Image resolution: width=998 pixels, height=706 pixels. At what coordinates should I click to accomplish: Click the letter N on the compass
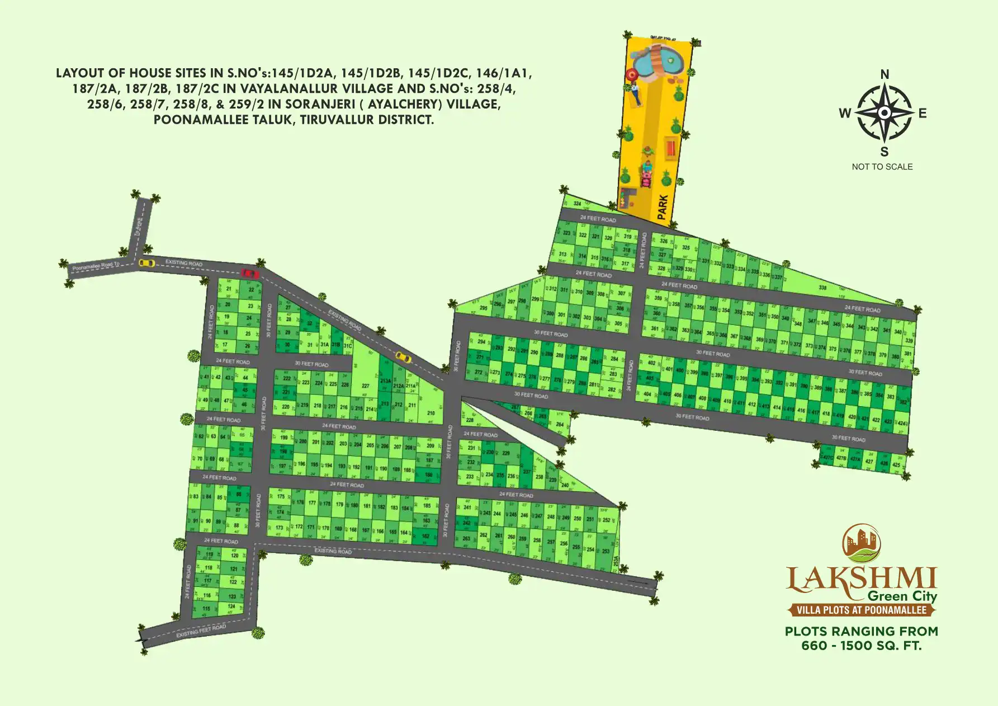(885, 74)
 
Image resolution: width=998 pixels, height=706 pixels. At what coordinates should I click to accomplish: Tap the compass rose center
(885, 113)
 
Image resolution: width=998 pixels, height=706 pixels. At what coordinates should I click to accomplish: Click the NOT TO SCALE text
(882, 167)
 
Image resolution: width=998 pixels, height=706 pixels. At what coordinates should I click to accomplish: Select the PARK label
(663, 206)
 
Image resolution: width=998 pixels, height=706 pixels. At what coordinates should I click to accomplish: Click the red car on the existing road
(249, 274)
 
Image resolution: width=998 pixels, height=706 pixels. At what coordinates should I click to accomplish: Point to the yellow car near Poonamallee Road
(147, 263)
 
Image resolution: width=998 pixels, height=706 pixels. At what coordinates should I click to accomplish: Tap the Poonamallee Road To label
(96, 266)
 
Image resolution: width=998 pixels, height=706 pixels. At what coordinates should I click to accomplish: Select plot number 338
(822, 288)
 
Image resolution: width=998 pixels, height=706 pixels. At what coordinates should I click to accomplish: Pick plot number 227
(365, 386)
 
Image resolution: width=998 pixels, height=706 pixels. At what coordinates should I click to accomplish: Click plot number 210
(431, 413)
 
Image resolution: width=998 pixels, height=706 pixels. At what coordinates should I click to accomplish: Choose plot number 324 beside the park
(577, 204)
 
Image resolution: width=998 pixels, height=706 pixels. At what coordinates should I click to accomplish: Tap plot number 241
(467, 508)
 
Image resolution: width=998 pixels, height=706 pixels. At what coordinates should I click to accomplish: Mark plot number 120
(234, 556)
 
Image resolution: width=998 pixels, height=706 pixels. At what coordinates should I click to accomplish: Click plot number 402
(651, 363)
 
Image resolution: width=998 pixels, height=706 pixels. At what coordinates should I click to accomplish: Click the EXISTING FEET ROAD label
(201, 631)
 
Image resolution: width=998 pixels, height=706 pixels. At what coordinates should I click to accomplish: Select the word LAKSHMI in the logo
(861, 580)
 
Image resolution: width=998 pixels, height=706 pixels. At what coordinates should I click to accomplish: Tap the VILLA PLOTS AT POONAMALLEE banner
(861, 610)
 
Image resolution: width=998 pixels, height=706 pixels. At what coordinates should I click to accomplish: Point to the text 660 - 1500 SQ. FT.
(861, 646)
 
